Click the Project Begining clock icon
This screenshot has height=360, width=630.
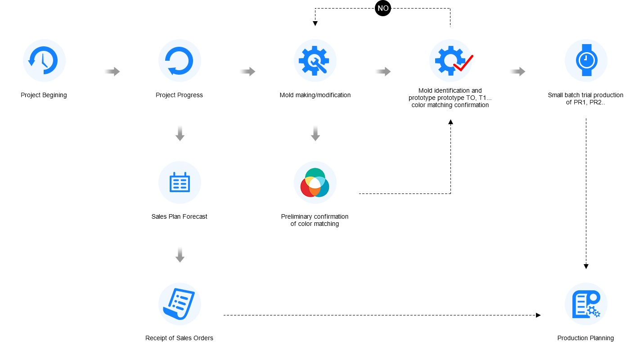pyautogui.click(x=44, y=61)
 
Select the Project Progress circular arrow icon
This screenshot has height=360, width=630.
pyautogui.click(x=180, y=61)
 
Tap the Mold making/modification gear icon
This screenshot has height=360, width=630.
pyautogui.click(x=315, y=61)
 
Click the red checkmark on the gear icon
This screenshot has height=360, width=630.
pyautogui.click(x=463, y=63)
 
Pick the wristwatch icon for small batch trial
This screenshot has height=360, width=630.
pyautogui.click(x=586, y=61)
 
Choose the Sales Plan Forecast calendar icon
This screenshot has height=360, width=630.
pyautogui.click(x=180, y=182)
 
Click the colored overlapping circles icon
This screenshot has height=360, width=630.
pyautogui.click(x=315, y=182)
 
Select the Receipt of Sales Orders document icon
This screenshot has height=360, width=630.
pyautogui.click(x=180, y=304)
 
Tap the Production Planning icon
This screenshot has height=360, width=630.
pyautogui.click(x=586, y=304)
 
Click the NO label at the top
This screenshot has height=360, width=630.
pyautogui.click(x=383, y=8)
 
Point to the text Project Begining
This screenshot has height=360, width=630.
pyautogui.click(x=44, y=95)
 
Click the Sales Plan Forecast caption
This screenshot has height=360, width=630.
pyautogui.click(x=179, y=216)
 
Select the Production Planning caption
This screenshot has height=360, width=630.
pyautogui.click(x=585, y=338)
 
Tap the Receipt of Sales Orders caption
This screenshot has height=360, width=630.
pyautogui.click(x=179, y=338)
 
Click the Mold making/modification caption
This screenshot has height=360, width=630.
pyautogui.click(x=315, y=95)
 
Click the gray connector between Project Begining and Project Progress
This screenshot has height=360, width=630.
pyautogui.click(x=112, y=72)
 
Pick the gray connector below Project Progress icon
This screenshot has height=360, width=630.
pyautogui.click(x=180, y=134)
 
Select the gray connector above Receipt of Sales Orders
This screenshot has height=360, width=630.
pyautogui.click(x=180, y=255)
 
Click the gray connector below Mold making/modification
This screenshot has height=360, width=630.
pyautogui.click(x=315, y=134)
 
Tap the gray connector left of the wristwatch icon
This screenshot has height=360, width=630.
pyautogui.click(x=517, y=72)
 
